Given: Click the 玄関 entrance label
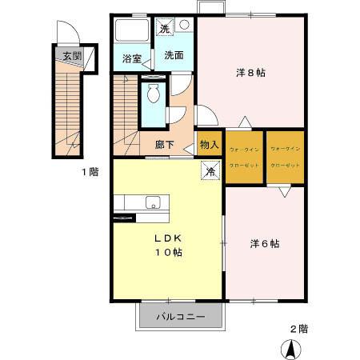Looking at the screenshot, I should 71,56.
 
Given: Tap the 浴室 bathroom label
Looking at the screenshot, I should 131,58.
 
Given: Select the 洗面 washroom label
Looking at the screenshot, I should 174,56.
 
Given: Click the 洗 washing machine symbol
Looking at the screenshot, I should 165,29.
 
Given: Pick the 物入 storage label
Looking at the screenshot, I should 210,145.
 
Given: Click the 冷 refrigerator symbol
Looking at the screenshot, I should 210,170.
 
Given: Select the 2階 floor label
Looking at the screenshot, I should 298,327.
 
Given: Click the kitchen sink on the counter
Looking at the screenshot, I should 152,202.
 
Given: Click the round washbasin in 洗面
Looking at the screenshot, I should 185,26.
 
